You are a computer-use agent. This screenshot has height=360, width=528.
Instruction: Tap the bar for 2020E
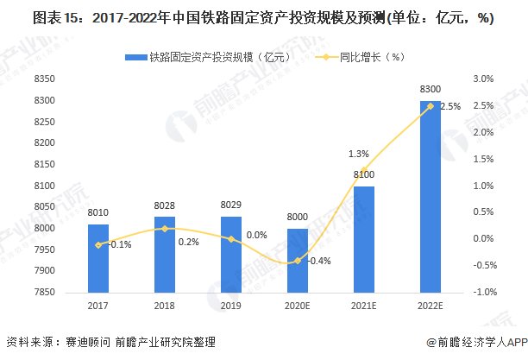(x=297, y=260)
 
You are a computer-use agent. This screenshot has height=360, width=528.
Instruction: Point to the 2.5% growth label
(x=450, y=107)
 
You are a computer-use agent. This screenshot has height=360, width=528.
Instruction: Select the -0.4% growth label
(x=320, y=261)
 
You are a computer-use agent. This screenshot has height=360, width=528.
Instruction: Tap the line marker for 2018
(x=164, y=228)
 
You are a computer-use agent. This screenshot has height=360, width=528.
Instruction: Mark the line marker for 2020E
(x=297, y=260)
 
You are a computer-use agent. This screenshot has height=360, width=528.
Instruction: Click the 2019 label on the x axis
(x=230, y=306)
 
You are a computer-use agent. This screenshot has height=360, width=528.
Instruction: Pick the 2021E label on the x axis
(x=363, y=306)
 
